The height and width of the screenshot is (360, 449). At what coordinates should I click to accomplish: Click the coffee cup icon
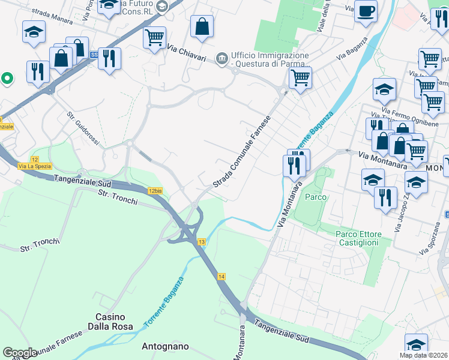(366, 11)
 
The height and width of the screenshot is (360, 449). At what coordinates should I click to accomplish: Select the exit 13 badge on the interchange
(201, 242)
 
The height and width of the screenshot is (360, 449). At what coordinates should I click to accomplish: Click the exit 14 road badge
(221, 276)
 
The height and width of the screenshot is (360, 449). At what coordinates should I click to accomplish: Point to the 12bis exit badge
(155, 191)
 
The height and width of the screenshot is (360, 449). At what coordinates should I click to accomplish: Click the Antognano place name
(165, 346)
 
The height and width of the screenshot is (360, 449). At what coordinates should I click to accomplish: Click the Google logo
(19, 353)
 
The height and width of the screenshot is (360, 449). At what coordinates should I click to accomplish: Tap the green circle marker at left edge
(7, 77)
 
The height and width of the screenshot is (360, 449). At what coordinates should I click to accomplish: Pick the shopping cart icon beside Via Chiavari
(154, 38)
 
